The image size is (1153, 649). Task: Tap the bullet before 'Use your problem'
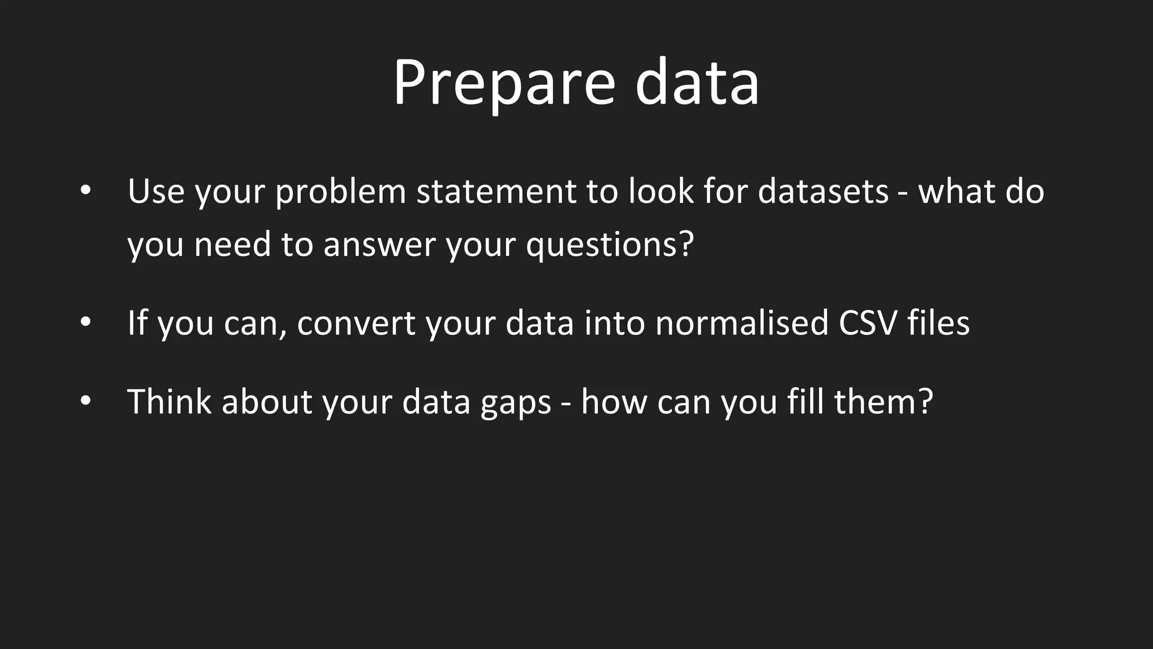[85, 190]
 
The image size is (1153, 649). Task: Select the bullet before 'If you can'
[85, 322]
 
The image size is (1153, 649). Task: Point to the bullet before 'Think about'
[85, 401]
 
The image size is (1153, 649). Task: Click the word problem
[340, 192]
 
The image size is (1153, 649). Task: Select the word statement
[496, 192]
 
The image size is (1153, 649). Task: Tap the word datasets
[823, 192]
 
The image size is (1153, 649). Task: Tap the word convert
[356, 323]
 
